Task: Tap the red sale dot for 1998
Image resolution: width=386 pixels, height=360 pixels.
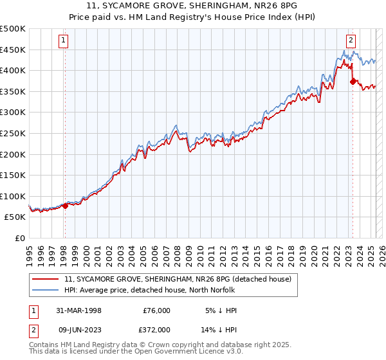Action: (65, 206)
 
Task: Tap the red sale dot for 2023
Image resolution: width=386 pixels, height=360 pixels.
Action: (353, 82)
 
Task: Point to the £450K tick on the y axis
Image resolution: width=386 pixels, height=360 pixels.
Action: (13, 50)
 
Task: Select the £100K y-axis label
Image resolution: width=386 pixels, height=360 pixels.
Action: (13, 196)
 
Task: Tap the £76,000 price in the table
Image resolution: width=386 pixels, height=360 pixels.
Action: (156, 310)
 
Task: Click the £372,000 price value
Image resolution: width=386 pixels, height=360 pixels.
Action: (156, 329)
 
